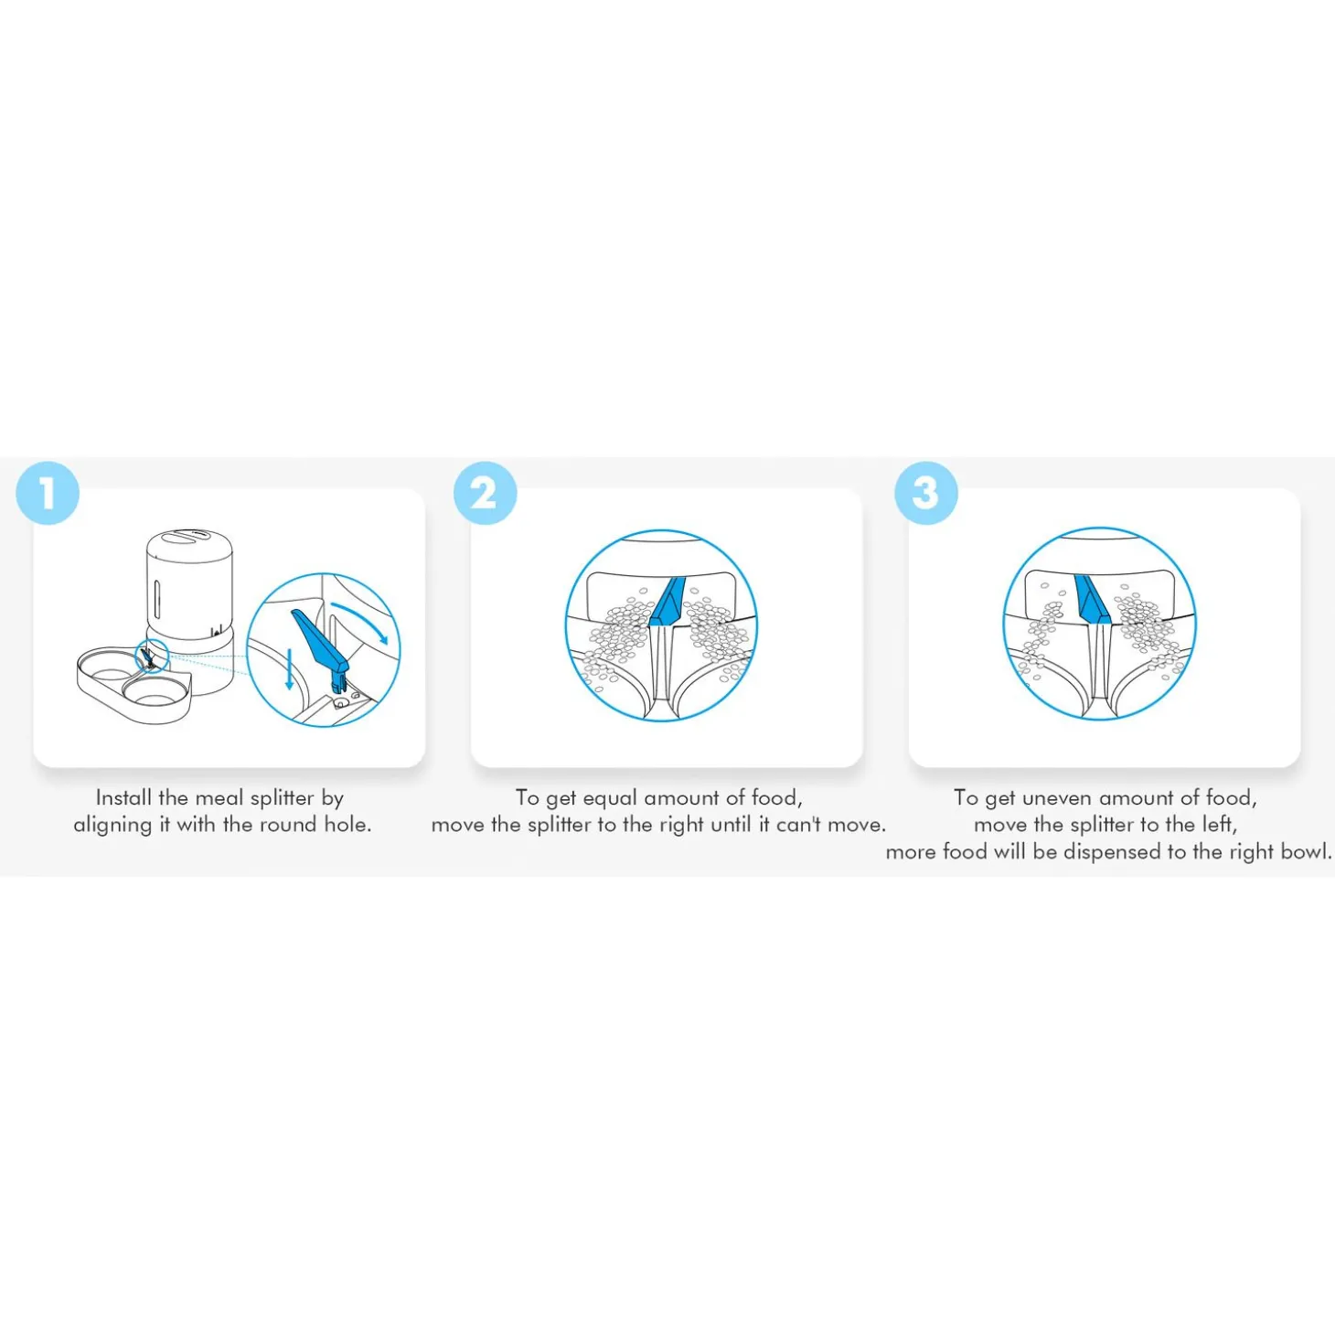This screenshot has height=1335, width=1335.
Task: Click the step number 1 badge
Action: (x=48, y=493)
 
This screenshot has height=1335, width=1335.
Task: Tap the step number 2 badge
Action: (x=485, y=493)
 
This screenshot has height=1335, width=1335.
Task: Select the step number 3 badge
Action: (x=926, y=493)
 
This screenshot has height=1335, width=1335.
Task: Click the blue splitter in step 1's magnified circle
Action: (x=319, y=647)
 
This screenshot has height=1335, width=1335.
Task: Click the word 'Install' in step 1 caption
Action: (x=123, y=797)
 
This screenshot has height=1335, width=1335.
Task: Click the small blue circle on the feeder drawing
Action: (x=153, y=656)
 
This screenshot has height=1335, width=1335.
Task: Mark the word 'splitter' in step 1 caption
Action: (x=282, y=798)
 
